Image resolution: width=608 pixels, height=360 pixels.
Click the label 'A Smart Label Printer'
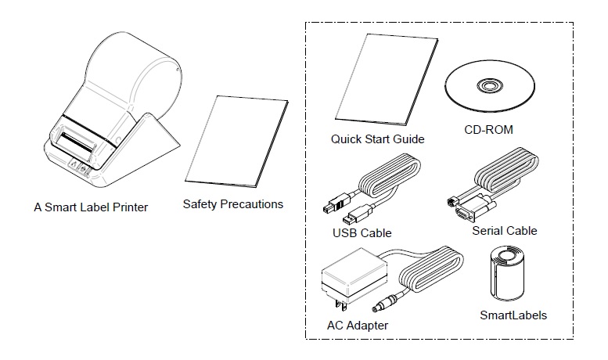tap(91, 207)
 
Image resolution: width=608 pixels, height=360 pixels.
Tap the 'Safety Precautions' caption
tap(232, 204)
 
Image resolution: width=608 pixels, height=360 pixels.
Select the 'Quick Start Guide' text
tap(376, 139)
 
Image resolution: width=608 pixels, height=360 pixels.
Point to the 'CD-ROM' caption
tap(487, 130)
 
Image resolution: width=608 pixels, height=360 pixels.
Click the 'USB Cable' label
tap(362, 232)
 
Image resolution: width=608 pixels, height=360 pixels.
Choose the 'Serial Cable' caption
tap(505, 231)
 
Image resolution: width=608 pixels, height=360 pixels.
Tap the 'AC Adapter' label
tap(357, 324)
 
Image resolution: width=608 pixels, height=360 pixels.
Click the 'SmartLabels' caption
tap(513, 315)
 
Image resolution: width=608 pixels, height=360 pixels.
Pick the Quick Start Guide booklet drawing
tap(378, 86)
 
